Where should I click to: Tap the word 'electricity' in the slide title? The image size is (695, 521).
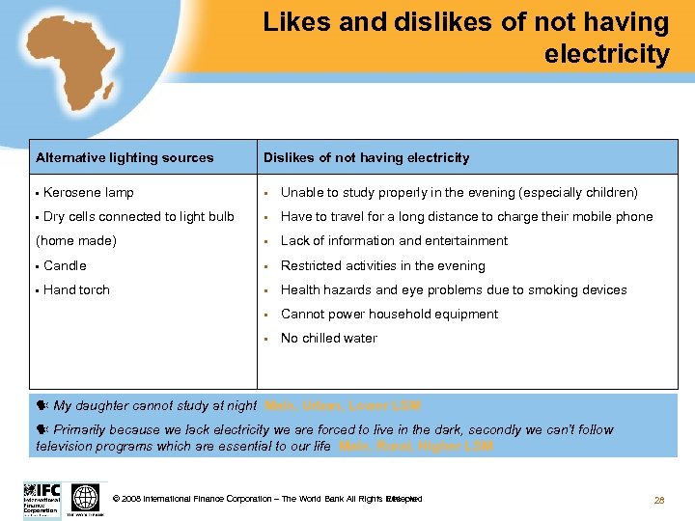(606, 54)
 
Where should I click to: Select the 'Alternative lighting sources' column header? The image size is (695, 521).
(125, 157)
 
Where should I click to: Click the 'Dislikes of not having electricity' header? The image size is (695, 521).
(367, 157)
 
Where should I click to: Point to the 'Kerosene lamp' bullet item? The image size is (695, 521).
(88, 193)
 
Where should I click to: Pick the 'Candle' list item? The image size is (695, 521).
(65, 265)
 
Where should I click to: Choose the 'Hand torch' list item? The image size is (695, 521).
(76, 289)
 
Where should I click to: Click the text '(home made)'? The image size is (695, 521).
(76, 241)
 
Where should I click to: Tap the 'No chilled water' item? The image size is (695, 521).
(328, 338)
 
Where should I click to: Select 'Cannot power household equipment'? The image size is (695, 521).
(389, 314)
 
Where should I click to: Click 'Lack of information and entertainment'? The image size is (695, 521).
(394, 241)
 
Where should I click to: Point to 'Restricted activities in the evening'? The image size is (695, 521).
(382, 265)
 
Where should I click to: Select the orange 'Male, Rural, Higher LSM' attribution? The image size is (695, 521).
(416, 446)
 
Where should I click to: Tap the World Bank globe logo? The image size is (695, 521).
(86, 498)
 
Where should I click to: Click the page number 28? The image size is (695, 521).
(660, 500)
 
